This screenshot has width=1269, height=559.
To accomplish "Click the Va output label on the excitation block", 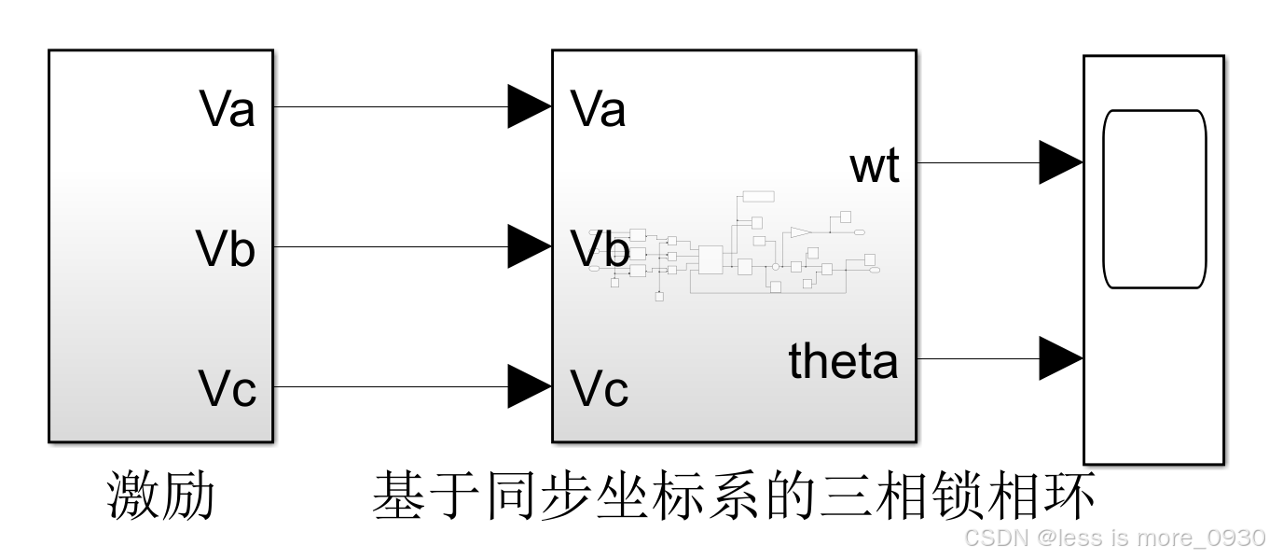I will [x=228, y=109].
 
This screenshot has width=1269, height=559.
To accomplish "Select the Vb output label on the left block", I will [x=226, y=249].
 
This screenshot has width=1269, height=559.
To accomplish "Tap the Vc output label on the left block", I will [x=228, y=389].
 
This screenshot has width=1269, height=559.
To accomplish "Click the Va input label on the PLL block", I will [x=598, y=109].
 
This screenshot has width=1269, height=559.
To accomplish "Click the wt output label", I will [x=875, y=166].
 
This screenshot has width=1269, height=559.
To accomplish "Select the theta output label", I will [x=844, y=361].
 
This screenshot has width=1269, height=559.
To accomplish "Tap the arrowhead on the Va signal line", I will [x=529, y=106].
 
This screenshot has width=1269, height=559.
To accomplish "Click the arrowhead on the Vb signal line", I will [x=529, y=246].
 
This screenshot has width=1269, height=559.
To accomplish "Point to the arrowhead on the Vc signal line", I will [x=529, y=386].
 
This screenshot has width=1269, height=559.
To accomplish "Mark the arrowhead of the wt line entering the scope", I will [x=1060, y=162].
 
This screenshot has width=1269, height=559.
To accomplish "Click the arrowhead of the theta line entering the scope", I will [x=1060, y=358].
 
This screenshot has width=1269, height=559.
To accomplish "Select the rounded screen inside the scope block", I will [x=1154, y=199].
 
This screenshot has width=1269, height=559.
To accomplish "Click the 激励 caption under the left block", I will [x=161, y=496].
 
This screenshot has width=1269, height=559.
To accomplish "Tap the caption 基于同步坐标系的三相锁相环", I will [x=734, y=496].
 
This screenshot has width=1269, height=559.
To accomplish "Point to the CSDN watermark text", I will [x=1114, y=538].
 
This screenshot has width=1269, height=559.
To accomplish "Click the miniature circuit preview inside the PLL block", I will [x=737, y=247].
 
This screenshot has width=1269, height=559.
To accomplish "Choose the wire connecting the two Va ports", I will [x=392, y=106].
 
